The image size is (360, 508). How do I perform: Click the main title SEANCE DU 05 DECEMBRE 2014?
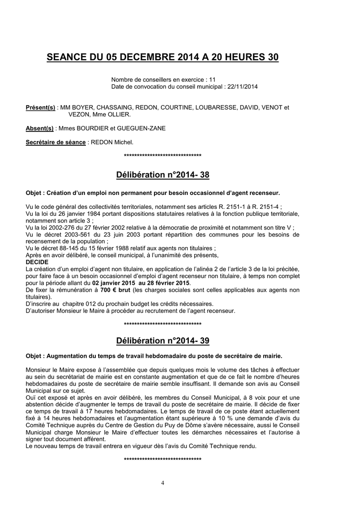click(x=162, y=58)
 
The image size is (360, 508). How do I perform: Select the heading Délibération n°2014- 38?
click(x=162, y=175)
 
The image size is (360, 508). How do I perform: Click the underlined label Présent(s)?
click(x=40, y=108)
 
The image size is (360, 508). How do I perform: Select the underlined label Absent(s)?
click(x=39, y=128)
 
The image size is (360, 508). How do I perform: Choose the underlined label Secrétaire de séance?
click(x=55, y=142)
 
